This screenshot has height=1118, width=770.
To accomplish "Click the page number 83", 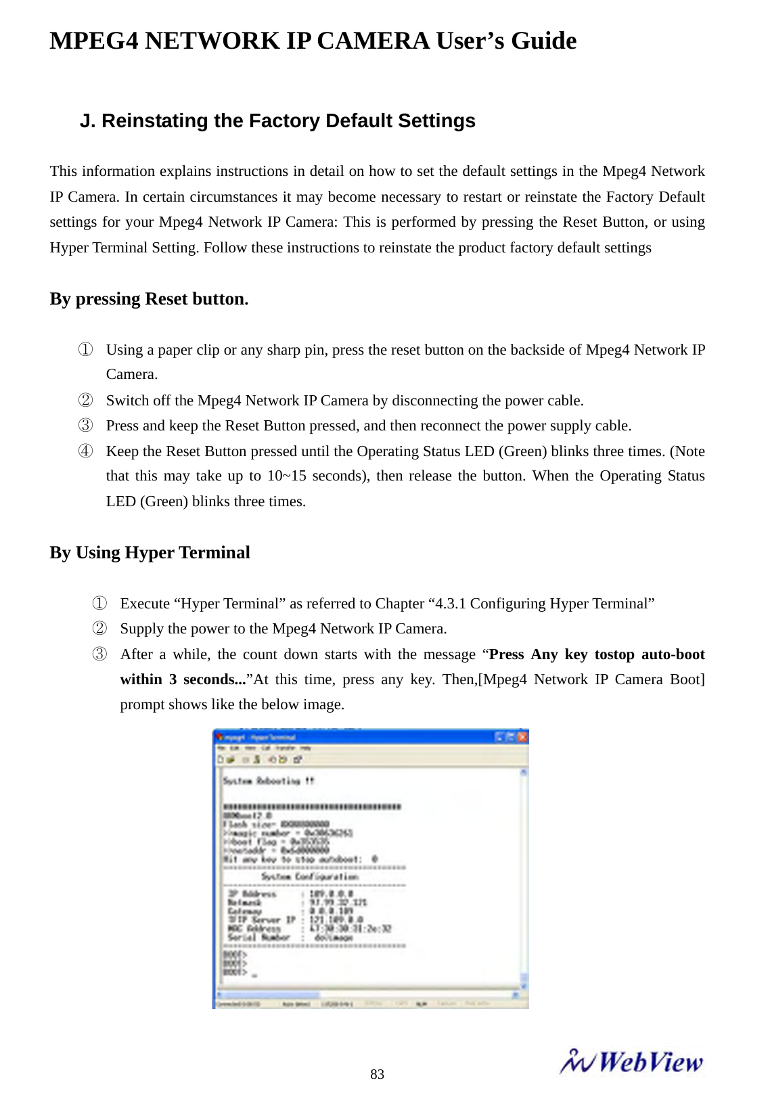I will (x=377, y=1074).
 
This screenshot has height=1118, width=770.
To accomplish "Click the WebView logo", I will (x=631, y=1062).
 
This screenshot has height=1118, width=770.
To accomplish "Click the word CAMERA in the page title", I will (x=373, y=41).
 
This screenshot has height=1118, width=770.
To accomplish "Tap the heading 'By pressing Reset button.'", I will (x=149, y=299).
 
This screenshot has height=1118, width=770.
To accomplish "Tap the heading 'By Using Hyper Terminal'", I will (x=150, y=553).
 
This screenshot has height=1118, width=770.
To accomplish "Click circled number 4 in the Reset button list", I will (x=85, y=451).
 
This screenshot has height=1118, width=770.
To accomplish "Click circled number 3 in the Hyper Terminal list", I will (x=99, y=654).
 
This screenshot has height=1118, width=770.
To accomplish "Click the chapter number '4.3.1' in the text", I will (x=450, y=604).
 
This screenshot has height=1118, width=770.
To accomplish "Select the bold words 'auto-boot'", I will (x=673, y=654).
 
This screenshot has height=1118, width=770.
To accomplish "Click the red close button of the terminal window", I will (x=522, y=737).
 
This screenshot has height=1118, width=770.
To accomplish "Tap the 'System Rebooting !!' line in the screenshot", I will (x=269, y=781).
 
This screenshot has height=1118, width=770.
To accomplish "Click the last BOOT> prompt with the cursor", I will (x=235, y=972).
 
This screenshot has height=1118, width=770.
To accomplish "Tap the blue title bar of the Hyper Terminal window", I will (x=352, y=737).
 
